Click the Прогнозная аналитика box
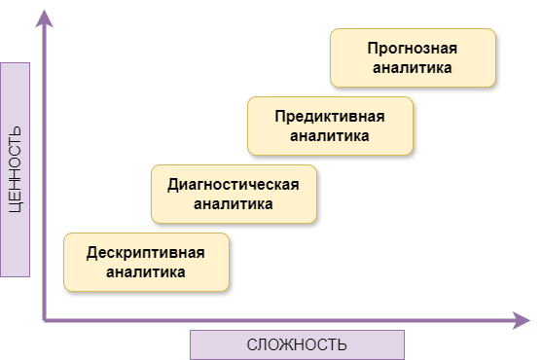(x=413, y=58)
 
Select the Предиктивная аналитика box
(x=330, y=126)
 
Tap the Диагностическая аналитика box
(x=234, y=194)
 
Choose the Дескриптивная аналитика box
(x=146, y=263)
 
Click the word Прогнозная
(x=413, y=48)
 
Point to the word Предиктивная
(x=330, y=116)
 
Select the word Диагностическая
(x=234, y=184)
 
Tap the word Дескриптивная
(x=146, y=252)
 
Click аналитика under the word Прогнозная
(x=413, y=68)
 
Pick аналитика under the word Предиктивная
(x=330, y=136)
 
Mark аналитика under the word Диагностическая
(x=234, y=204)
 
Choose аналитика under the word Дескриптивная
(x=146, y=272)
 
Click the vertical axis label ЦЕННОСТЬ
(x=16, y=169)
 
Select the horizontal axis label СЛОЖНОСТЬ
(x=297, y=345)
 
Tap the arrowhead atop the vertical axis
(x=44, y=16)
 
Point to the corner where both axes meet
(x=45, y=318)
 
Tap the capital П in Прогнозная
(x=374, y=48)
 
